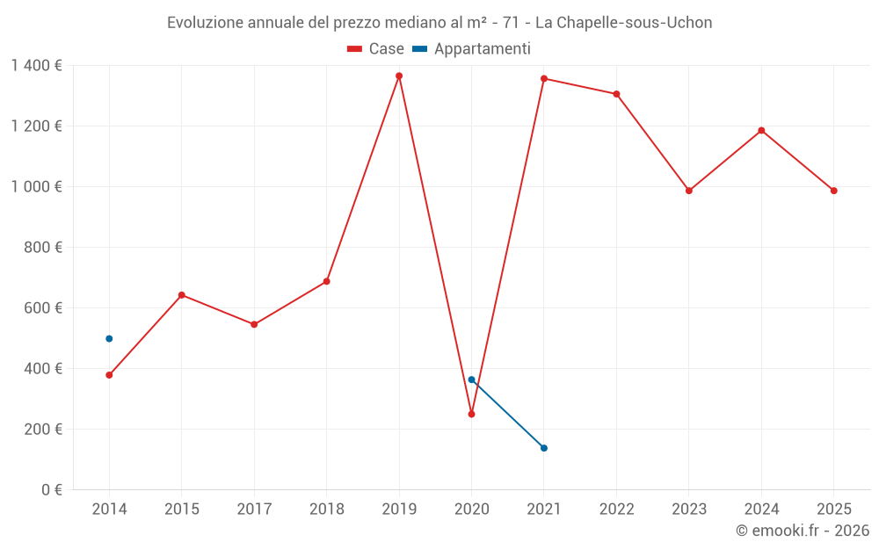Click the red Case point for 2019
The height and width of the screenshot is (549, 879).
(399, 76)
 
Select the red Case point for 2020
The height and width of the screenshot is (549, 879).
(471, 414)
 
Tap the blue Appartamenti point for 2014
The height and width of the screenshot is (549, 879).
(109, 338)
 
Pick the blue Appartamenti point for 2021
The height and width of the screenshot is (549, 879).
(544, 448)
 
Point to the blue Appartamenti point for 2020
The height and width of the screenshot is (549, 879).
(471, 379)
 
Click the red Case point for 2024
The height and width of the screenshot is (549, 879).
(761, 131)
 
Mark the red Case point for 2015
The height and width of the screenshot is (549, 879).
(182, 295)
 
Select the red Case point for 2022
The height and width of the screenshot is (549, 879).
(616, 94)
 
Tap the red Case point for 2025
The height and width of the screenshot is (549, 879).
(834, 191)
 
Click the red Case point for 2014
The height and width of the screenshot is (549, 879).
(109, 375)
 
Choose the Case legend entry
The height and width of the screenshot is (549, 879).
(376, 49)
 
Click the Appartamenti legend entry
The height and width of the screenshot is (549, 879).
(472, 49)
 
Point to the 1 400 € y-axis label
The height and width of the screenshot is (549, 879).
(36, 65)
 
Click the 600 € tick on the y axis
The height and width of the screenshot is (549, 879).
(43, 308)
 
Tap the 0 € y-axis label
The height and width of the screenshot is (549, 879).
(49, 490)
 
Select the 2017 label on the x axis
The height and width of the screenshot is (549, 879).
(254, 509)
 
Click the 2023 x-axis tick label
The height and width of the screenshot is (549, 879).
(689, 509)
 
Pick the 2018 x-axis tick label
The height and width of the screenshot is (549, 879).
(326, 509)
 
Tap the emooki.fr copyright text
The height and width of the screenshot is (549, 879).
(803, 531)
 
